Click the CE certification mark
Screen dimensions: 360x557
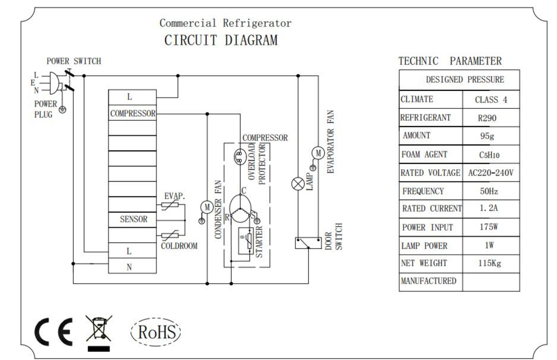coord(53,332)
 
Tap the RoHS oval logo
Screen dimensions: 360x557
coord(156,332)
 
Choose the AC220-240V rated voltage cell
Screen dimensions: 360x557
coord(491,173)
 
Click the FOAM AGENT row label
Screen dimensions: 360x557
coord(424,154)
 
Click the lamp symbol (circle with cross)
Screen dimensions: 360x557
coord(298,184)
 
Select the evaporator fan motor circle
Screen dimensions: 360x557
coord(318,153)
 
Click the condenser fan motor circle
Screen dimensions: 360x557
coord(207,207)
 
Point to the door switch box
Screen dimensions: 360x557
coord(308,243)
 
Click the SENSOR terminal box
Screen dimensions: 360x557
coord(132,220)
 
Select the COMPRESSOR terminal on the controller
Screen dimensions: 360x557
coord(132,113)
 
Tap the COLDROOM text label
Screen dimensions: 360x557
coord(179,246)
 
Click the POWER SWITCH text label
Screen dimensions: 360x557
coord(74,61)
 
